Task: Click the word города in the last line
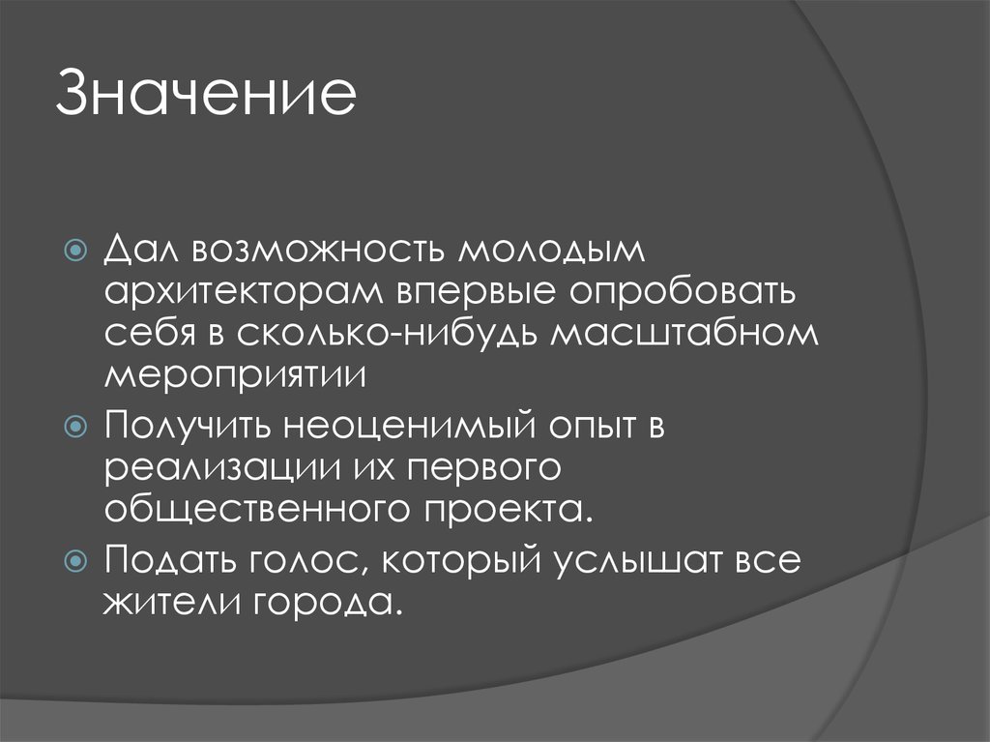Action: pyautogui.click(x=327, y=603)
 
